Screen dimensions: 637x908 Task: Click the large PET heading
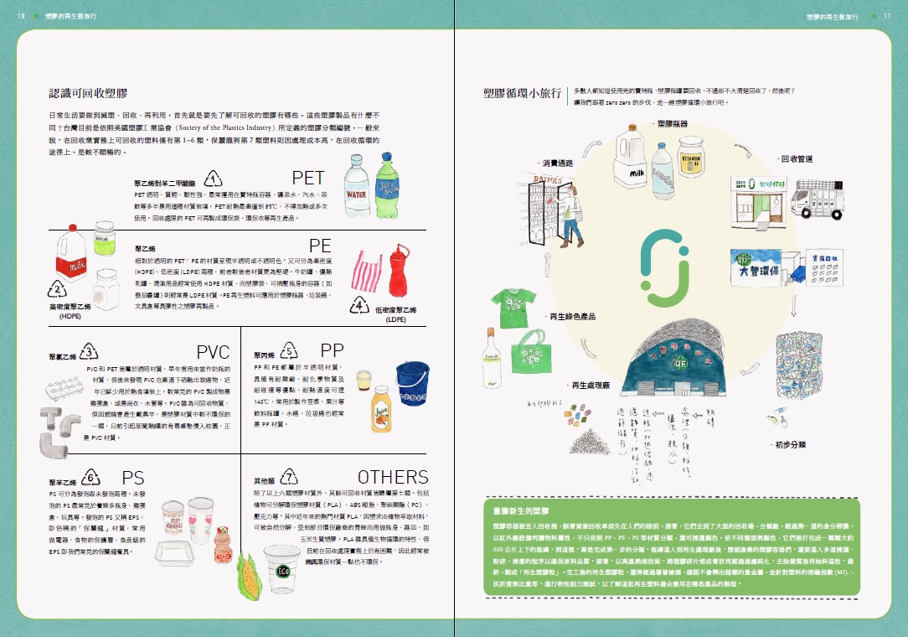point(308,178)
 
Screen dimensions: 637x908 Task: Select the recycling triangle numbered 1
point(214,179)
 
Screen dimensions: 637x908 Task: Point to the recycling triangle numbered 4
point(360,305)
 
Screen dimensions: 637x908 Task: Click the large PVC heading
point(213,351)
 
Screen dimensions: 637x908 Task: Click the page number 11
point(887,16)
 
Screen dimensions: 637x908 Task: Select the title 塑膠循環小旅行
point(522,94)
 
